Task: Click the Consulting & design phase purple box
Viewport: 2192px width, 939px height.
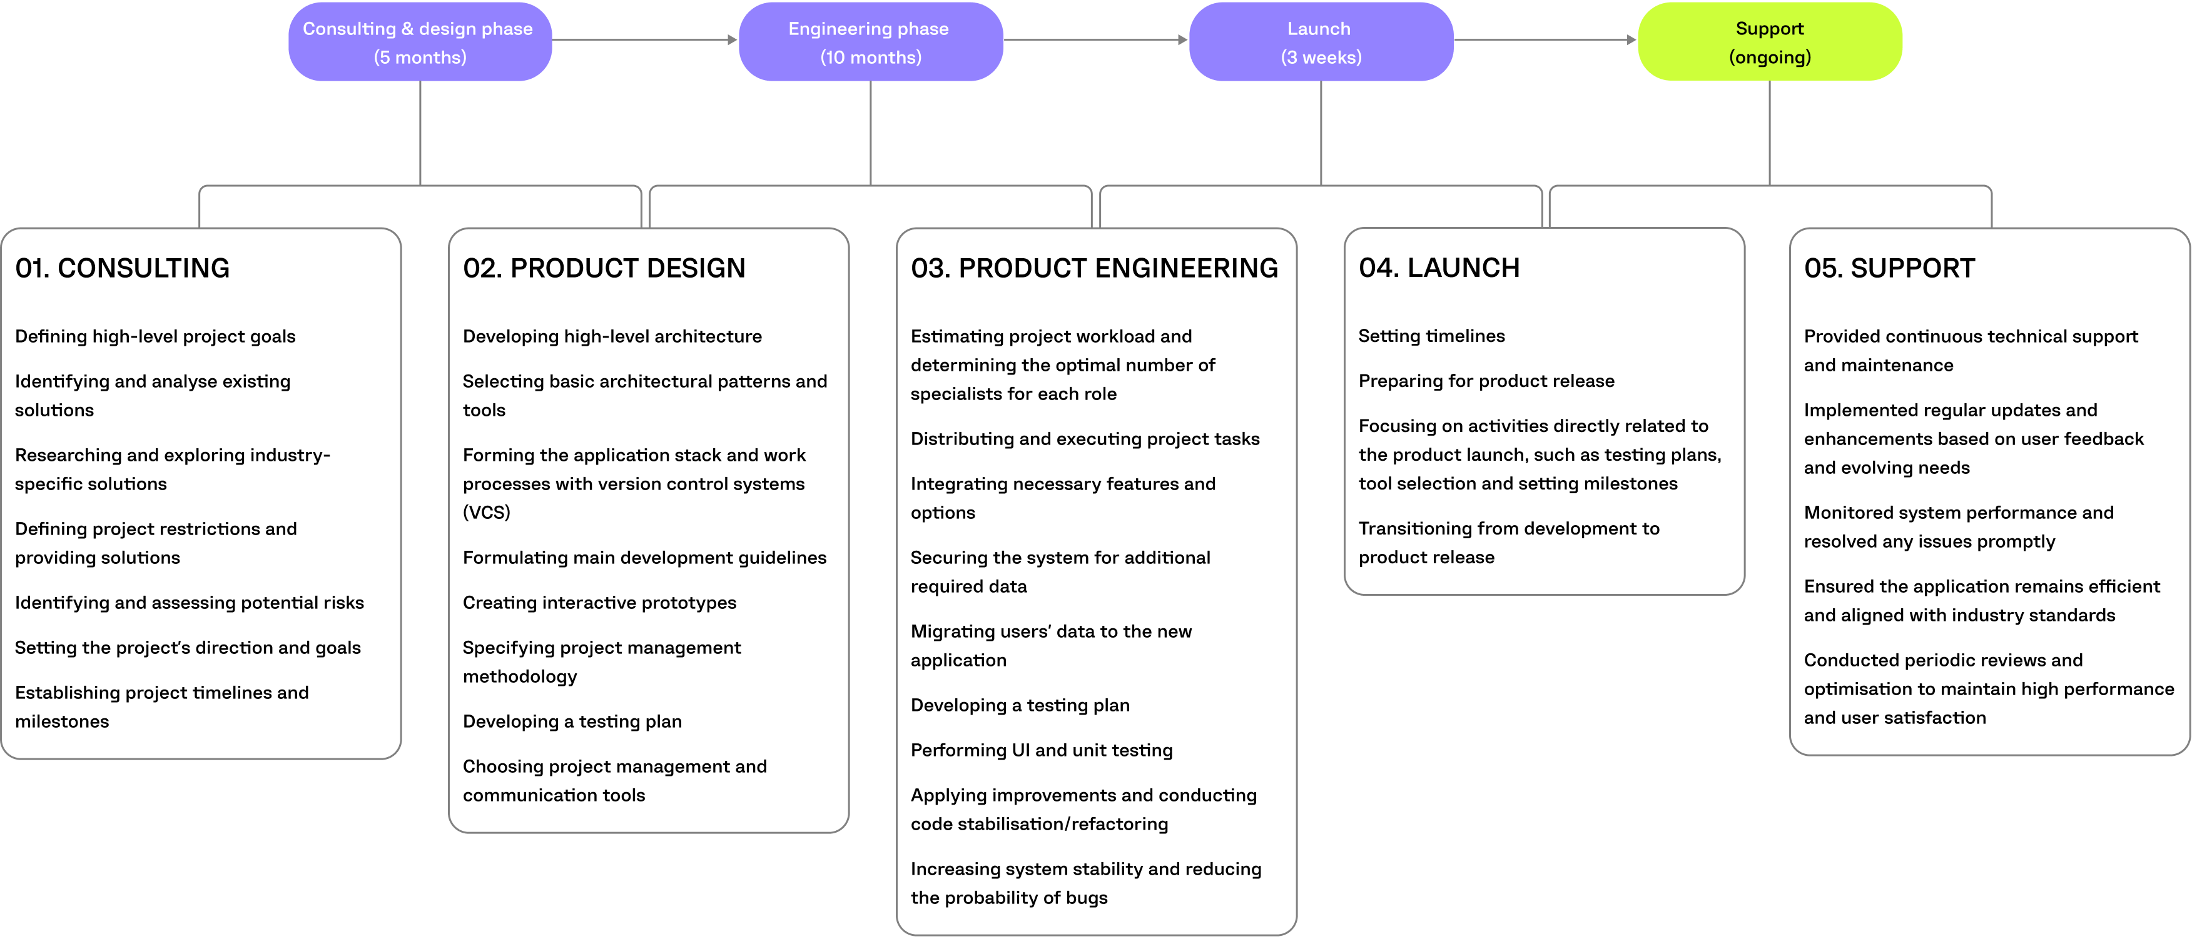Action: tap(420, 42)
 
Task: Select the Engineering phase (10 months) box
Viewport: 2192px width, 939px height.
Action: tap(870, 42)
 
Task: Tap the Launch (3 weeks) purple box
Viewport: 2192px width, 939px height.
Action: tap(1320, 42)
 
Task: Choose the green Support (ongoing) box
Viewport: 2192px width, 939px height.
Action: tap(1769, 42)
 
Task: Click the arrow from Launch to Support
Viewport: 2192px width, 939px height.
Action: tap(1545, 40)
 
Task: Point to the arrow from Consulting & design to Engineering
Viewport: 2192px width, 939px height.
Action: tap(644, 40)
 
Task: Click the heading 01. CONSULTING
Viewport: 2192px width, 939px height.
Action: tap(123, 269)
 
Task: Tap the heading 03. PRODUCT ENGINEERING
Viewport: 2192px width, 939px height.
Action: tap(1093, 269)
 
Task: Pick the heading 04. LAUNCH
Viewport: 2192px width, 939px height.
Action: tap(1438, 269)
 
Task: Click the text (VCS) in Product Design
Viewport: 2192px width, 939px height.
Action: tap(486, 513)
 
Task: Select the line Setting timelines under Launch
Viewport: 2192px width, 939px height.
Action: tap(1431, 336)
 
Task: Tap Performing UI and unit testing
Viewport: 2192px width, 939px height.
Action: tap(1041, 750)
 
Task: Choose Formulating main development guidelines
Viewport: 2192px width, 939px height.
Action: tap(644, 558)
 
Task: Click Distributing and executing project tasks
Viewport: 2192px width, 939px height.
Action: tap(1084, 439)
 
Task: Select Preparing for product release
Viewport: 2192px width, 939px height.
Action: tap(1486, 381)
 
